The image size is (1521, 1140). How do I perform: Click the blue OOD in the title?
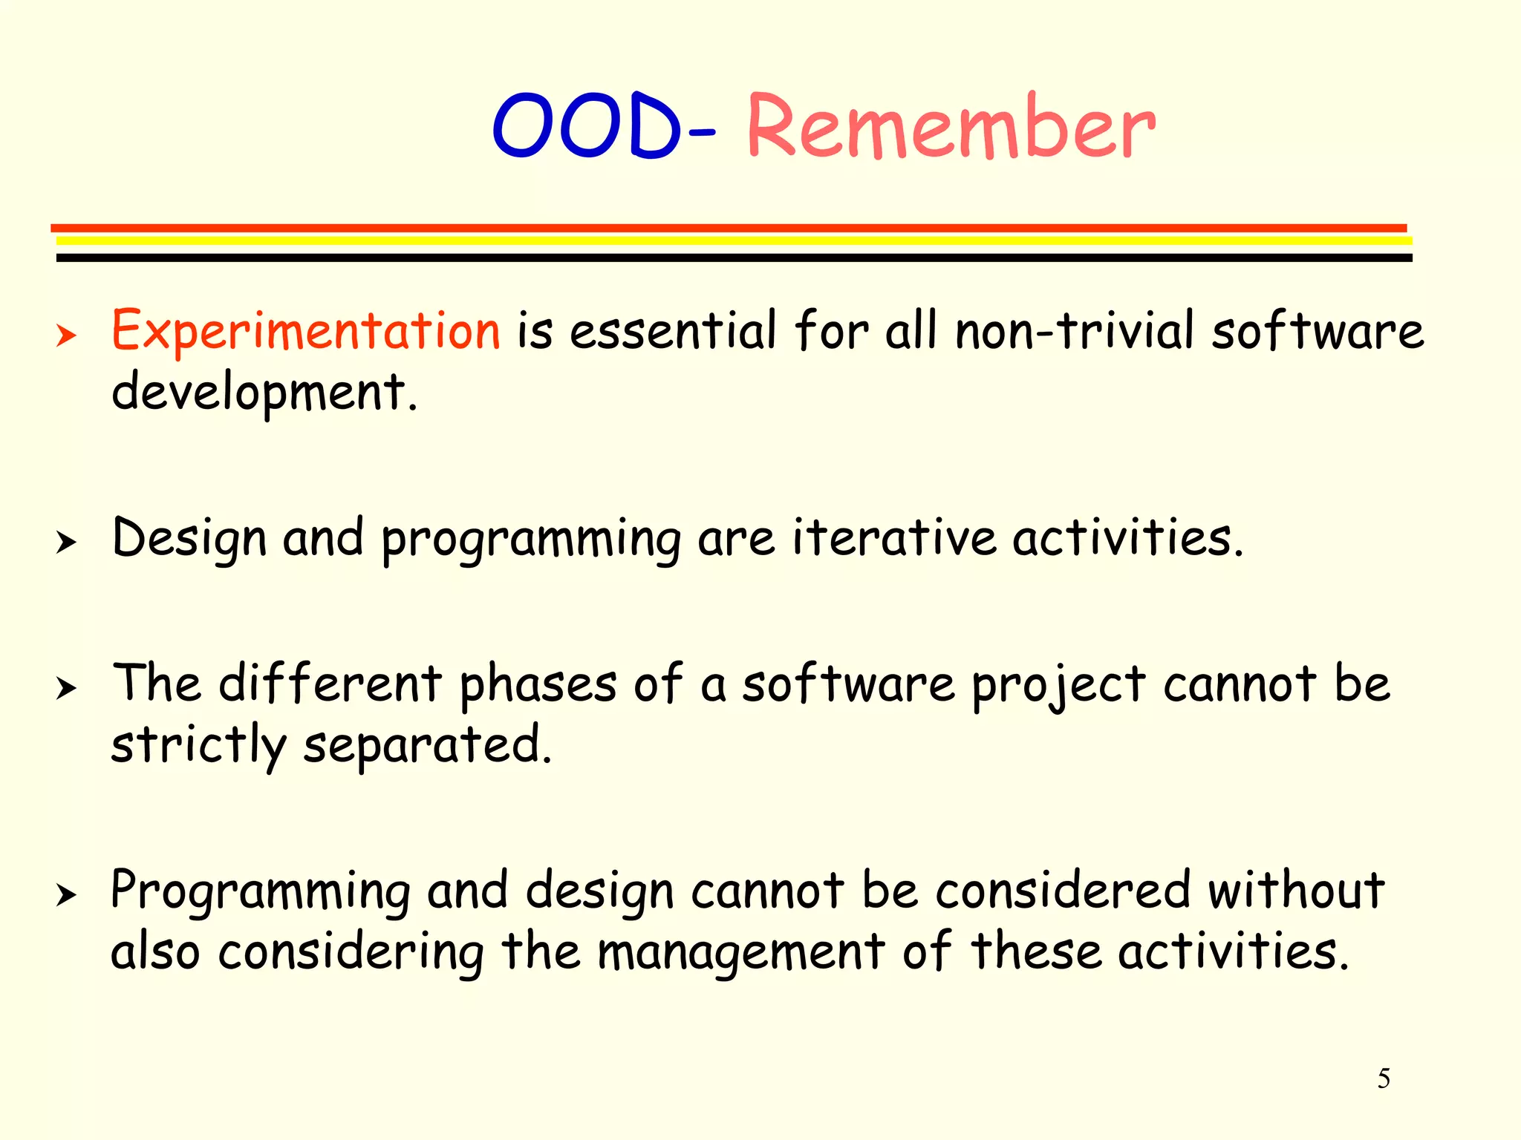point(587,126)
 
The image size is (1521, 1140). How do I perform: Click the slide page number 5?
point(1384,1078)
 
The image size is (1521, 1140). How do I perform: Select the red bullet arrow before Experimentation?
point(66,336)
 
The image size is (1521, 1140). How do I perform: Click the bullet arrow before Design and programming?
point(66,543)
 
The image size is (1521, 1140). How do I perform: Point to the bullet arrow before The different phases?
point(66,688)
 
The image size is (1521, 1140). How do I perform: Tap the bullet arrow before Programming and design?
point(66,895)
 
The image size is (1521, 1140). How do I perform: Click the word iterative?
point(893,538)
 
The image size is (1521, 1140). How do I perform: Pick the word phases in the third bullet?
point(538,685)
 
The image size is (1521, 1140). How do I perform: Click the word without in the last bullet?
point(1295,891)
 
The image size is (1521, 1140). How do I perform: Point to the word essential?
point(673,332)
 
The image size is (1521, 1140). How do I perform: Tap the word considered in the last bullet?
point(1063,891)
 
